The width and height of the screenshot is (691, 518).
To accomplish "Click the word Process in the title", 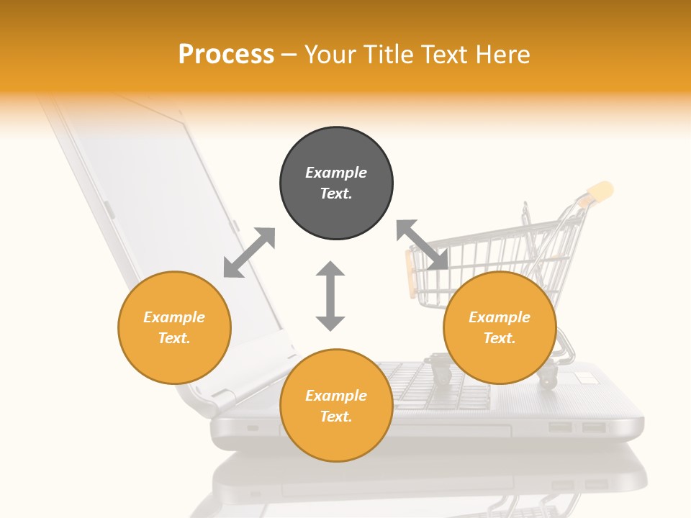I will (226, 55).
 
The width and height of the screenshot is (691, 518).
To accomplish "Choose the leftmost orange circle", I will (174, 327).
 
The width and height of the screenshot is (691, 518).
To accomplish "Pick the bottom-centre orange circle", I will (336, 405).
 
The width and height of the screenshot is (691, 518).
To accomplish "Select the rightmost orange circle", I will (500, 327).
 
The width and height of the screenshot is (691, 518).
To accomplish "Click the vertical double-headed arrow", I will (330, 296).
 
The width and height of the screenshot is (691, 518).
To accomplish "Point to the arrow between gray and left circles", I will (249, 253).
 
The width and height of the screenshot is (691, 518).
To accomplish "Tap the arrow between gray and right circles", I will (423, 245).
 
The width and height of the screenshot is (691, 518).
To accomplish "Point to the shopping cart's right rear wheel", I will (548, 377).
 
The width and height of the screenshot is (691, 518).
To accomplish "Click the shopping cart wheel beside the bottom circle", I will (441, 373).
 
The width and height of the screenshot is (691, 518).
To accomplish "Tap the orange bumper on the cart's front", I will (411, 273).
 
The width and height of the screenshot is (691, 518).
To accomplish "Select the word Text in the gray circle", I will (335, 194).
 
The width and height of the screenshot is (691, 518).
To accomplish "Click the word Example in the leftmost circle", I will (174, 317).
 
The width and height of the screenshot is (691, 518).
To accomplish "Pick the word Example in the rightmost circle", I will (500, 317).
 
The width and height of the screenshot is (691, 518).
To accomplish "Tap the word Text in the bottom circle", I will (335, 417).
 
